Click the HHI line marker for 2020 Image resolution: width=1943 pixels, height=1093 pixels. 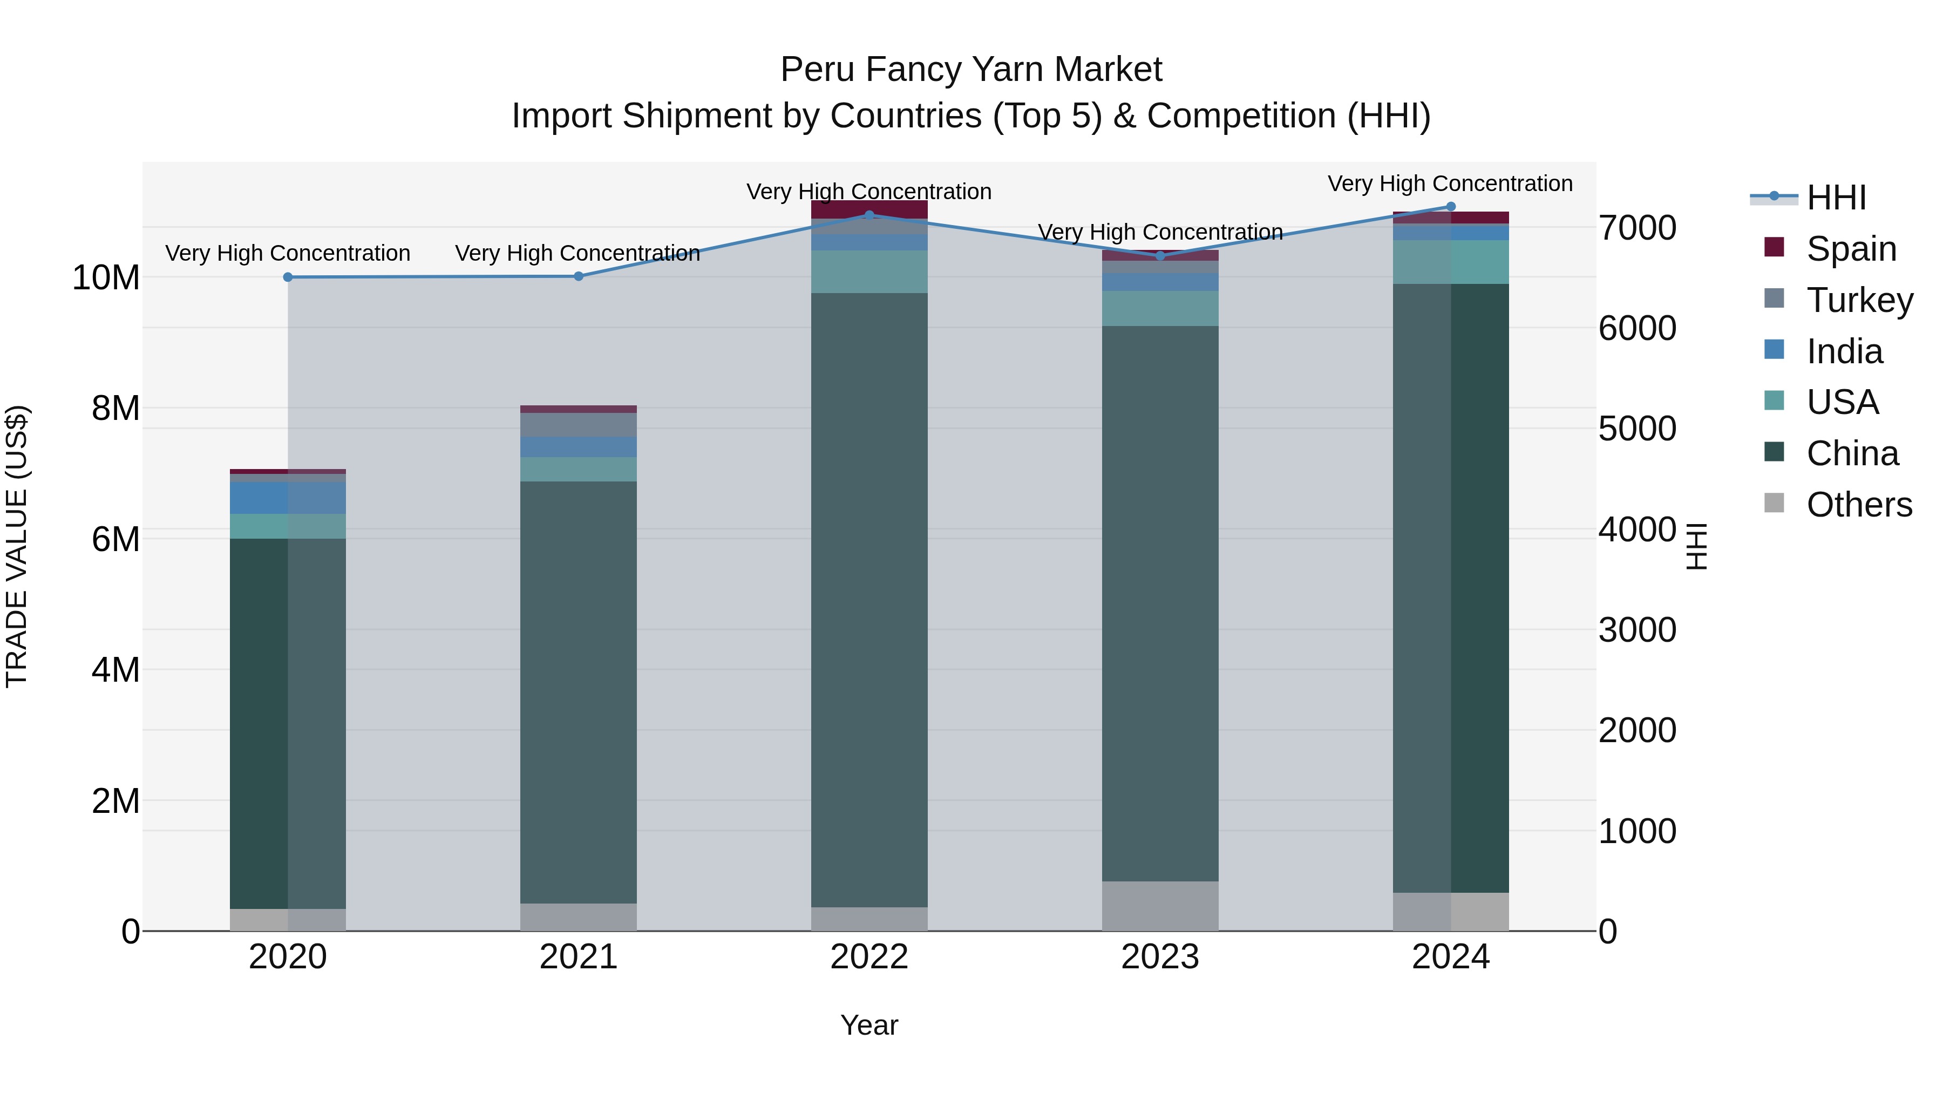coord(287,277)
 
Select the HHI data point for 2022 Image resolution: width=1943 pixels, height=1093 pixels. coord(869,215)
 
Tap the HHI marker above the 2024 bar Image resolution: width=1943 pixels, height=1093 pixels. coord(1450,207)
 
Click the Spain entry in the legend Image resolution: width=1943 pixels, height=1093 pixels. coord(1851,248)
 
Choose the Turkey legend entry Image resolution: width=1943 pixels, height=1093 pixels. coord(1859,300)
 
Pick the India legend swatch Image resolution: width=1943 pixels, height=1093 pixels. coord(1775,350)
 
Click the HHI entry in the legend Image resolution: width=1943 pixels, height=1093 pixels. coord(1836,198)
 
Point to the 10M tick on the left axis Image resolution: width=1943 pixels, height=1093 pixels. coord(106,277)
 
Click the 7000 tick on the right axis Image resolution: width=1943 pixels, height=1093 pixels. coord(1637,228)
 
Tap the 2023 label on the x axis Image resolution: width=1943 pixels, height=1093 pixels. coord(1160,957)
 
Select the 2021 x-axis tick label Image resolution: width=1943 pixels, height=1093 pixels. coord(579,957)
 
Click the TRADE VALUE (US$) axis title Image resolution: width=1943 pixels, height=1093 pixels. coord(17,546)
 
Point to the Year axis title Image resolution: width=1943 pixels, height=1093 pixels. coord(869,1025)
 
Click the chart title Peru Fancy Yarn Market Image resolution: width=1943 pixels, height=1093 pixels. coord(971,70)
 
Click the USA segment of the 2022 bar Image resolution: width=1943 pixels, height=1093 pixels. coord(869,271)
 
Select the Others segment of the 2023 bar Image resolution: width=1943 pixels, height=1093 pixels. coord(1160,906)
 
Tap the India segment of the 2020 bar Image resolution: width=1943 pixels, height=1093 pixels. coord(287,498)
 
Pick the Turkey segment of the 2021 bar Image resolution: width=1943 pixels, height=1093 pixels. coord(579,425)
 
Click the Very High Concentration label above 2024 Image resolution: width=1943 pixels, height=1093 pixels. coord(1450,184)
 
